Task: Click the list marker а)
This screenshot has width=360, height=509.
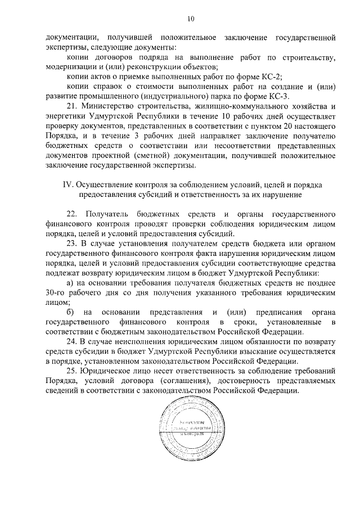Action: click(x=70, y=282)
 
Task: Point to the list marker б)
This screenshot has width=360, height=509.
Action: click(x=70, y=312)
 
